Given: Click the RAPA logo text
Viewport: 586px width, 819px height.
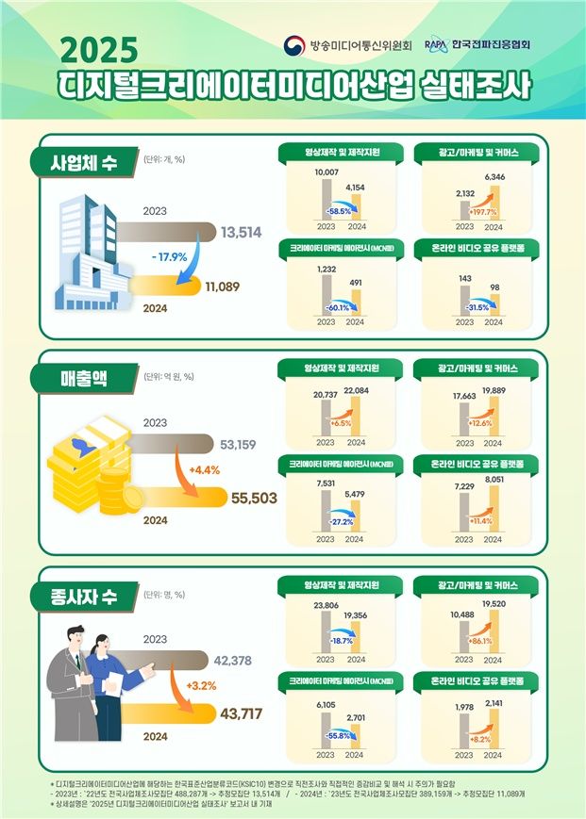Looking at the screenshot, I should coord(436,44).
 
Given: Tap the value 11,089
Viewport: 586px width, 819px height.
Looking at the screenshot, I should coord(223,287).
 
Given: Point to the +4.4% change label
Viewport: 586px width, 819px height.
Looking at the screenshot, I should coord(205,469).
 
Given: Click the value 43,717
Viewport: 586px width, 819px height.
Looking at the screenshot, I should coord(241,715).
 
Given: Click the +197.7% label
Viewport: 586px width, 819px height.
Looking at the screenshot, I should coord(477,212).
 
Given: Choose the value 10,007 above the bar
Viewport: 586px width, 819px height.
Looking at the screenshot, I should coord(326,173).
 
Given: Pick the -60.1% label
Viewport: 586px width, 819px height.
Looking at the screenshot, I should coord(337,306).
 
